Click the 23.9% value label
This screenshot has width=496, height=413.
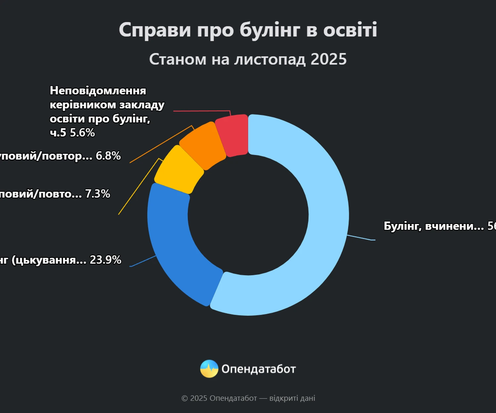click(x=105, y=260)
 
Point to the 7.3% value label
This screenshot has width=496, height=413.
click(x=98, y=194)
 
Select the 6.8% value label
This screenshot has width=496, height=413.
click(x=108, y=156)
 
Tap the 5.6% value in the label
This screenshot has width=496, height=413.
click(x=82, y=133)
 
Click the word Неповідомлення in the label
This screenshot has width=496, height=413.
click(x=98, y=91)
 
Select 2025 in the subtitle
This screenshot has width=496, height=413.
click(x=328, y=59)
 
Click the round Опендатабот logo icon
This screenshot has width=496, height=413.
click(x=209, y=369)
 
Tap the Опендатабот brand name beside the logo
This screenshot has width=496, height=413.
click(x=259, y=369)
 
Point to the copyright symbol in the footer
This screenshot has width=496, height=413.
click(x=185, y=398)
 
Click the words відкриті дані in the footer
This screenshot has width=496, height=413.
click(x=292, y=398)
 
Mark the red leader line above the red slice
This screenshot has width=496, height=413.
click(x=202, y=111)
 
